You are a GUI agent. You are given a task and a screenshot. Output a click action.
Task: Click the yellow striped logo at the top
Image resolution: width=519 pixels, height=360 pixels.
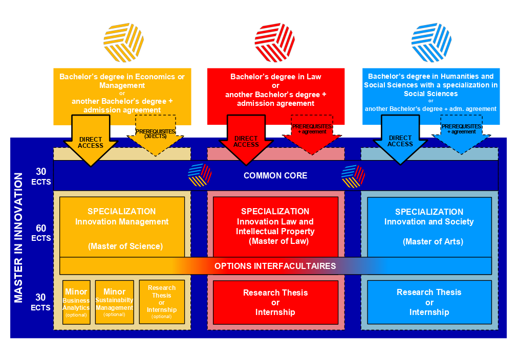coord(123,42)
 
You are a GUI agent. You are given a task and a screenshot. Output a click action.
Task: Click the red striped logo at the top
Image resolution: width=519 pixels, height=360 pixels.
coord(275,42)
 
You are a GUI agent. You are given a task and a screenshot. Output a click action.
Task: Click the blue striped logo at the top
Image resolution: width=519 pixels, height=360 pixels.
coord(431,42)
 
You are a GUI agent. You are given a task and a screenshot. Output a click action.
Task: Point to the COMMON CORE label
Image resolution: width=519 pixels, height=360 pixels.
coord(275,175)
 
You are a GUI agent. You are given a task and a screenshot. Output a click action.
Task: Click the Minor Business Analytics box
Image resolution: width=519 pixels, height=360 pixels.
coord(76,302)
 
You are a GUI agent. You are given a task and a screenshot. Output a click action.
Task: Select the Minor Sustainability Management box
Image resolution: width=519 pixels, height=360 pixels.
coord(114,302)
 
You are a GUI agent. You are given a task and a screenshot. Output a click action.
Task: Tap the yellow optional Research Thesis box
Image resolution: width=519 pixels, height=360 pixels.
coord(162,302)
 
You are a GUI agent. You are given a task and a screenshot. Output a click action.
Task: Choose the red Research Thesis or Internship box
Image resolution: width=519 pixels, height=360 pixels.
coord(275,302)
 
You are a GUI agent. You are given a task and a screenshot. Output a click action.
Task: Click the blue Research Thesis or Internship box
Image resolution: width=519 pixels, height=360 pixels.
coord(429,302)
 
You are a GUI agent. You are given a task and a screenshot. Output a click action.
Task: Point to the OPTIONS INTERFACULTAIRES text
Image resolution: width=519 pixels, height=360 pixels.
coord(275,266)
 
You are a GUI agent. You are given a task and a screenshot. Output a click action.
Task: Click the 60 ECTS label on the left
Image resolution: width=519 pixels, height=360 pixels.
coord(40,234)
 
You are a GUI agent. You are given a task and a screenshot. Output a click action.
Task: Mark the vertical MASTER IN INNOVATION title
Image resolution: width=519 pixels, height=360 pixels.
coord(18,238)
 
